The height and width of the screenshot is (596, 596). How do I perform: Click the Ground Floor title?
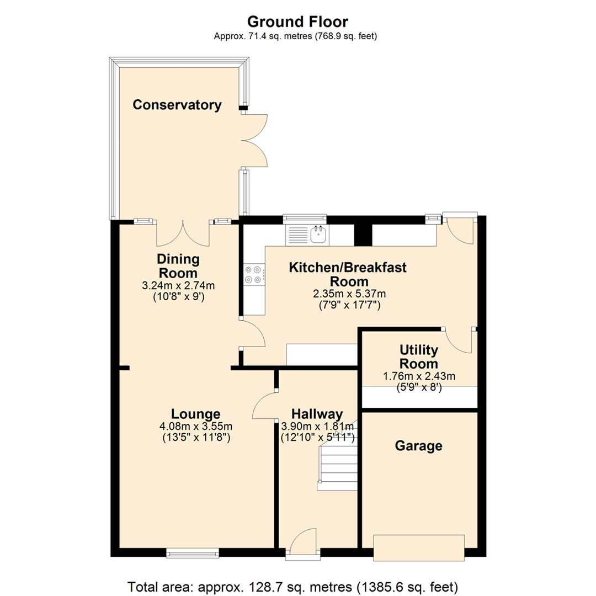click(297, 22)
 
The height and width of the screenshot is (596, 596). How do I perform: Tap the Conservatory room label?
click(177, 105)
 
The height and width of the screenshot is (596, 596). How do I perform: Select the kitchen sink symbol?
click(319, 236)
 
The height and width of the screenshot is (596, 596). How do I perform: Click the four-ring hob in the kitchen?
click(254, 274)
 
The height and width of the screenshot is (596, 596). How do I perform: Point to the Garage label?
click(418, 445)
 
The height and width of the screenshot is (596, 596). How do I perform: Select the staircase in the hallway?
click(338, 458)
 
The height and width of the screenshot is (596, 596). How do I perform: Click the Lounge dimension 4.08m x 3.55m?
click(195, 426)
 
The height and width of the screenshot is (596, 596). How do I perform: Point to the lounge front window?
click(193, 552)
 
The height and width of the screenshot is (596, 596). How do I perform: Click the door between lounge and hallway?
click(265, 406)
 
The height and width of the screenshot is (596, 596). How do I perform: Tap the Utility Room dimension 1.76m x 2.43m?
click(419, 376)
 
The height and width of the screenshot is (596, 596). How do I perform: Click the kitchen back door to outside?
click(460, 231)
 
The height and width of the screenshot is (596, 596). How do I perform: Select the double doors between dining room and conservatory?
click(183, 233)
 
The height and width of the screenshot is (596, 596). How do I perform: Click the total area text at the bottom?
click(297, 586)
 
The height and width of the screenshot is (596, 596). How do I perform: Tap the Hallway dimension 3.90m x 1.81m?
click(317, 426)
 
